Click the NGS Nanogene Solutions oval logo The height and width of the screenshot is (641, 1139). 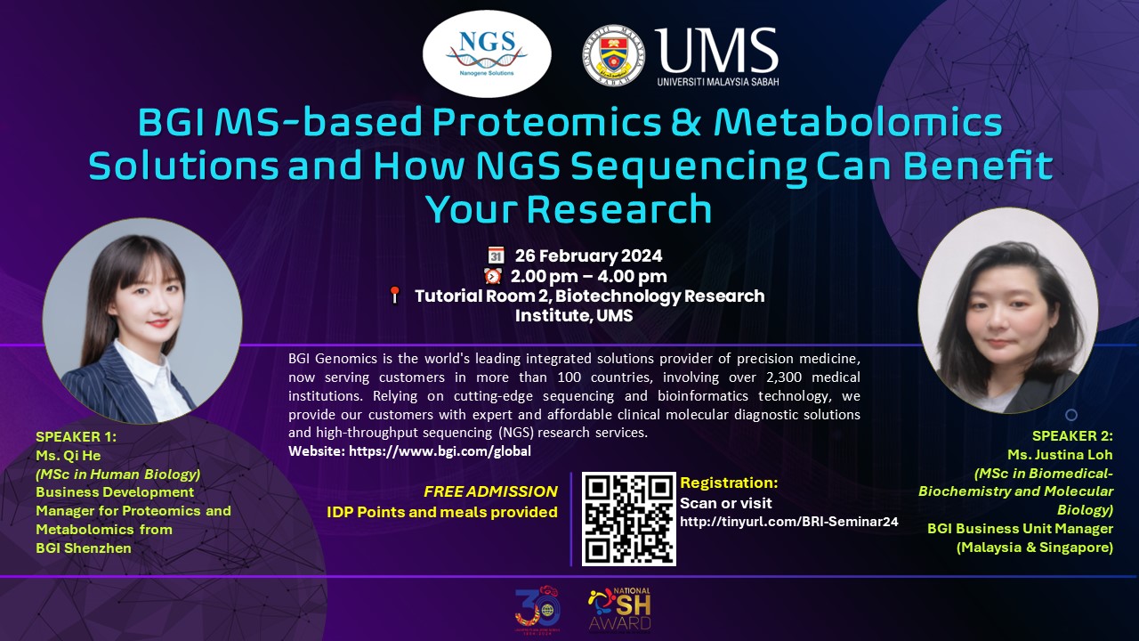(487, 54)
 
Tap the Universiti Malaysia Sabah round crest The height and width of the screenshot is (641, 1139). (614, 55)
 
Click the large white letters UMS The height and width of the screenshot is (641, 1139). (716, 50)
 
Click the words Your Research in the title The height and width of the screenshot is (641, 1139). (569, 208)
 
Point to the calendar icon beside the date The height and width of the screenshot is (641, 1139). (496, 255)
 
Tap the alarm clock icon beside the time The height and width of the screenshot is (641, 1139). (493, 276)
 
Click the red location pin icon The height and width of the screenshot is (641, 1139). (394, 295)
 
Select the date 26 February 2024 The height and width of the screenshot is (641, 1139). (589, 256)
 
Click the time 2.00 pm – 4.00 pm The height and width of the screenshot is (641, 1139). (589, 276)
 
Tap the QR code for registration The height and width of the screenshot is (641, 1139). (628, 519)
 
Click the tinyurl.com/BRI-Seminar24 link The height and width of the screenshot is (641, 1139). (789, 522)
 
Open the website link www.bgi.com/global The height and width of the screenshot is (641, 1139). (440, 451)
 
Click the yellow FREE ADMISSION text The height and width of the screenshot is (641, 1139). (490, 491)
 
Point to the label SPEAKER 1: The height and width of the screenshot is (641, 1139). (77, 436)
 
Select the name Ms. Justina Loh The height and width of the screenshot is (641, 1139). (1060, 454)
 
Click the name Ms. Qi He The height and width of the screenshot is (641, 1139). (69, 455)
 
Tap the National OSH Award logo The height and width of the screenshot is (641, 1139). (619, 608)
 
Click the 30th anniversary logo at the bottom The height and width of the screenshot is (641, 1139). (537, 608)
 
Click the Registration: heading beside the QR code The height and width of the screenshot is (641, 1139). (729, 483)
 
